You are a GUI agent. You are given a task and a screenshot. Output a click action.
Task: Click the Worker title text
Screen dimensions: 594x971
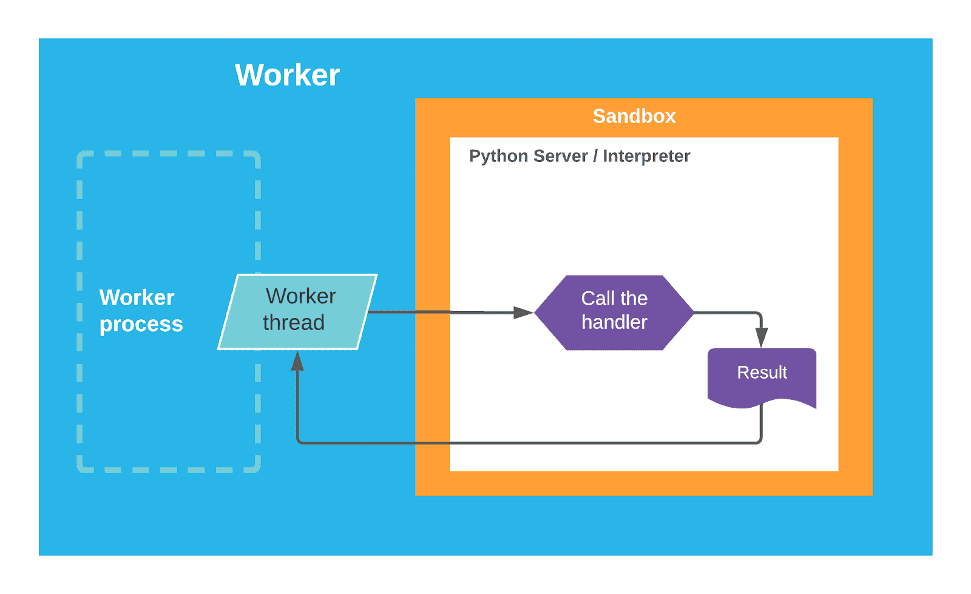click(x=287, y=75)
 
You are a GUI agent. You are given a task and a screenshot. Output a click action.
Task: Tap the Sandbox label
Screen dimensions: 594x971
click(x=634, y=116)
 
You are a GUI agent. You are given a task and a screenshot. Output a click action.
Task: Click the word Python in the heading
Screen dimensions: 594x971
click(x=498, y=156)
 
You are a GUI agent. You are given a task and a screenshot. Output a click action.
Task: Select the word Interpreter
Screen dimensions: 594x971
click(x=646, y=156)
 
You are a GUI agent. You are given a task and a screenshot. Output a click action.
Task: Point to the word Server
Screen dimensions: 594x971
click(x=560, y=156)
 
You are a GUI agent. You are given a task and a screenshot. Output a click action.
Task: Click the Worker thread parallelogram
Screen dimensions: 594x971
click(x=297, y=312)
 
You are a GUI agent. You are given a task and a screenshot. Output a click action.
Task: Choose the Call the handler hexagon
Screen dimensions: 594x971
click(x=614, y=312)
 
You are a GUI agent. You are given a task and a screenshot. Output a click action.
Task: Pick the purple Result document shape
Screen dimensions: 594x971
click(x=762, y=376)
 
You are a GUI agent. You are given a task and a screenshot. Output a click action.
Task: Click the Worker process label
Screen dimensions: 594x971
click(x=141, y=311)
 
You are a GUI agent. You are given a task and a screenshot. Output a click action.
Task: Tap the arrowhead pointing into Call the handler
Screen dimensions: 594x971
click(x=523, y=312)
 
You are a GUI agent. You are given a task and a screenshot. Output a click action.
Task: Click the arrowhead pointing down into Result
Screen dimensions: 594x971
click(x=761, y=337)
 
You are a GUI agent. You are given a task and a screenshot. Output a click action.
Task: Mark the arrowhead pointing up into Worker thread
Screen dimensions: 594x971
click(x=297, y=361)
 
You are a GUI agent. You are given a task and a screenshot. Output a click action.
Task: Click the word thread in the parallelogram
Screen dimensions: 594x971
click(x=294, y=323)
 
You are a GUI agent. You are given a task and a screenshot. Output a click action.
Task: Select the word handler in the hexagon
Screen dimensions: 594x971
click(x=614, y=322)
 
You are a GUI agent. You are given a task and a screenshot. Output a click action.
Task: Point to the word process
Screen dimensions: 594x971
click(x=141, y=325)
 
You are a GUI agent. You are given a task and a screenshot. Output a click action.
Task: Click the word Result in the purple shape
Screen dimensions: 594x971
click(x=762, y=372)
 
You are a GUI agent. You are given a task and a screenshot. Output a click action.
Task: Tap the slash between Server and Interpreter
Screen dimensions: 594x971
click(x=595, y=156)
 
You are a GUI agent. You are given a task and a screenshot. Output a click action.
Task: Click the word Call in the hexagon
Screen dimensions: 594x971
click(x=598, y=299)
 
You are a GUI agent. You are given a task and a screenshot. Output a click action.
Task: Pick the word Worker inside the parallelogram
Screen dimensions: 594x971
click(x=300, y=296)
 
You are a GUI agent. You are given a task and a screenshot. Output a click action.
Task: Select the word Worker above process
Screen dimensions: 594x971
click(x=137, y=297)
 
